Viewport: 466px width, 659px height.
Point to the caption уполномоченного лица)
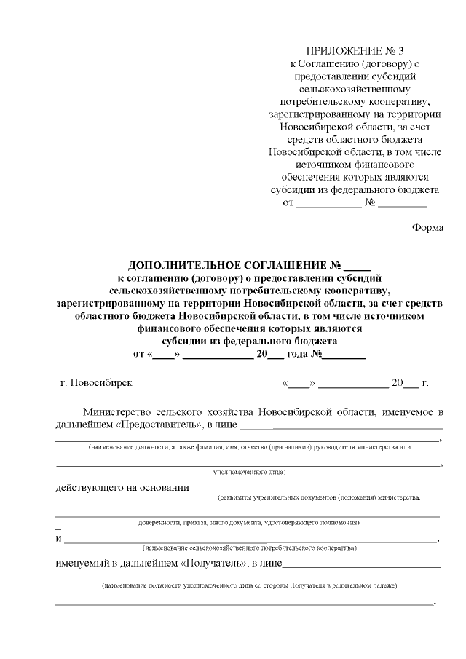pyautogui.click(x=248, y=472)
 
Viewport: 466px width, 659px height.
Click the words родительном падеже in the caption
pyautogui.click(x=369, y=585)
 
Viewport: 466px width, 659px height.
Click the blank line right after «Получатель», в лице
pyautogui.click(x=361, y=565)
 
